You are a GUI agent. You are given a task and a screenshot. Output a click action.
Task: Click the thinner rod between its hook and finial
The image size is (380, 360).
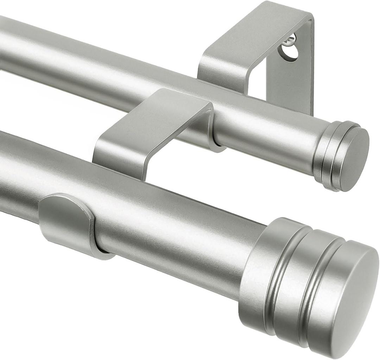271,141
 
